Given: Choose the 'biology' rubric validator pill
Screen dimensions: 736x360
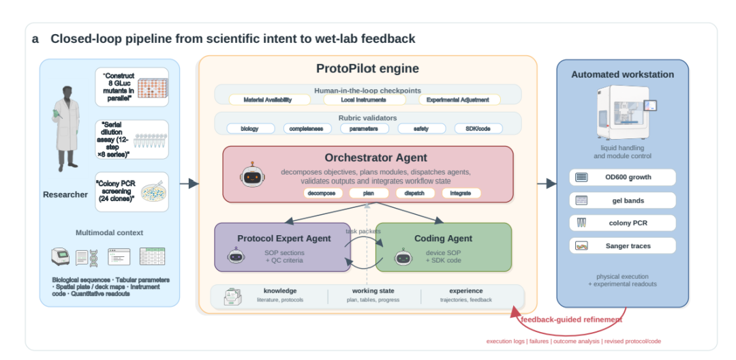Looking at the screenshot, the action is click(249, 129).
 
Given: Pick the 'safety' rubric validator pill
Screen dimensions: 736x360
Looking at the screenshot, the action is click(421, 129).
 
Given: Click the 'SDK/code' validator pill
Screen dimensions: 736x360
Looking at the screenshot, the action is click(478, 129).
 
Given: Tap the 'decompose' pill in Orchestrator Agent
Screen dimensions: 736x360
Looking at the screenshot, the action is click(322, 193).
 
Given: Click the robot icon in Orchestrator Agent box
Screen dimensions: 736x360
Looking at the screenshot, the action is click(253, 176).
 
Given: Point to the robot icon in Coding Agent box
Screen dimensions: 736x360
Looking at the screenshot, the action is click(403, 257).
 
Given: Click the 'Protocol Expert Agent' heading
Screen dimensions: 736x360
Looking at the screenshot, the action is click(284, 239).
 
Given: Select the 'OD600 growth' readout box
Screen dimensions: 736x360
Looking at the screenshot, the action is click(622, 177).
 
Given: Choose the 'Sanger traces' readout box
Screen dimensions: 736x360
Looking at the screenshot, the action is click(622, 245).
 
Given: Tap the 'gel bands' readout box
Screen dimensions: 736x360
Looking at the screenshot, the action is click(622, 200).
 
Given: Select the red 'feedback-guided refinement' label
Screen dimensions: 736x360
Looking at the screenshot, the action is click(571, 320).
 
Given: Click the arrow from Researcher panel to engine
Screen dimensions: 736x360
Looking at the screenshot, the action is click(189, 183).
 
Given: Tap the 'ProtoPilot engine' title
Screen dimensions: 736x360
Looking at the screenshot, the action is click(367, 69).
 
